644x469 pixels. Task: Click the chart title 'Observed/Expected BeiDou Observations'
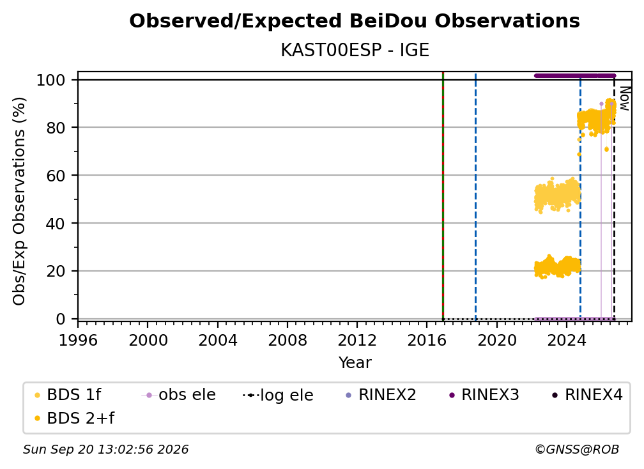(x=355, y=21)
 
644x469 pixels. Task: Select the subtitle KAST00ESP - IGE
(x=355, y=50)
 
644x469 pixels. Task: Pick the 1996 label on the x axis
(x=78, y=341)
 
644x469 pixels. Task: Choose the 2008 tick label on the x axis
(x=287, y=341)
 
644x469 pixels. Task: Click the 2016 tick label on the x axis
(x=427, y=341)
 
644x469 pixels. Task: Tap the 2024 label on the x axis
(x=566, y=341)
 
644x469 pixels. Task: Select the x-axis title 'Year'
(x=355, y=363)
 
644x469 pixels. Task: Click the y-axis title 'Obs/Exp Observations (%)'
(x=19, y=201)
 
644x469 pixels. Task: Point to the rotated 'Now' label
(x=624, y=98)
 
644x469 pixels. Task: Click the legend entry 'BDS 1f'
(x=68, y=395)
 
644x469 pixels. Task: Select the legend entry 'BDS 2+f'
(x=74, y=419)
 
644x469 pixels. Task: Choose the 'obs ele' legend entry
(x=179, y=395)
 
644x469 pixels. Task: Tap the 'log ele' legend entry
(x=279, y=395)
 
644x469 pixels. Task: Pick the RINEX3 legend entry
(x=484, y=395)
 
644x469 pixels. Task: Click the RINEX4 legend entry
(x=588, y=395)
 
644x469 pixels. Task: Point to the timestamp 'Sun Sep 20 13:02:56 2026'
(x=105, y=450)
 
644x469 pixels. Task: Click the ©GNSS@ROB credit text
(x=577, y=450)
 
